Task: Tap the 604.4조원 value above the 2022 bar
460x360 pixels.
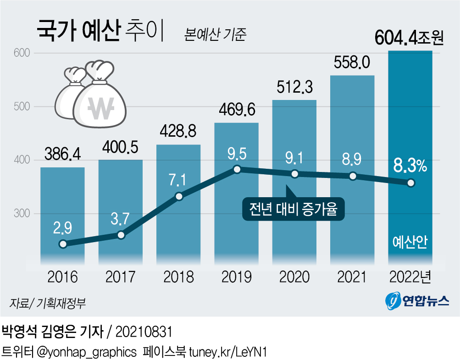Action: (x=409, y=38)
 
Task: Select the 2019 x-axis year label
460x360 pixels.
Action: (x=237, y=277)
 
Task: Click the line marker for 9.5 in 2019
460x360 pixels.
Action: (x=237, y=170)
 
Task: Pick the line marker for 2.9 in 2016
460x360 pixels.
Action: (x=63, y=244)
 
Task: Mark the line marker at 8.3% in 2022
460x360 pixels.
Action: (x=410, y=183)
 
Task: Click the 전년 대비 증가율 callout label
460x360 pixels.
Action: (x=293, y=210)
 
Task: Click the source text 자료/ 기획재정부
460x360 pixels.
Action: (x=47, y=303)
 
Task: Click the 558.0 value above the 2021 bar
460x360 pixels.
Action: (x=352, y=62)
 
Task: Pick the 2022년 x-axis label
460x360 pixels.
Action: (x=410, y=277)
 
